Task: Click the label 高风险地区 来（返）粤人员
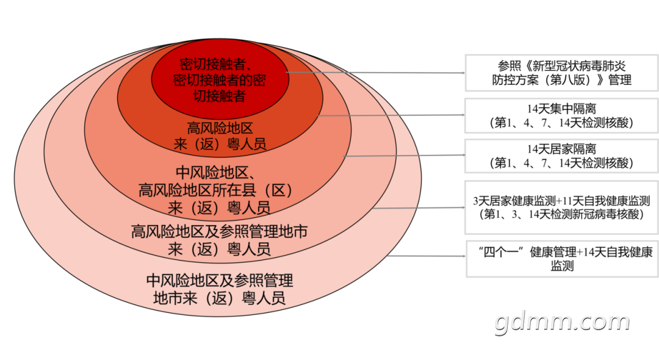tap(220, 135)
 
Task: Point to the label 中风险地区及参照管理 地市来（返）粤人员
tap(220, 289)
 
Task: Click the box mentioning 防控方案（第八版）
tap(561, 73)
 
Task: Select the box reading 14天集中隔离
tap(561, 115)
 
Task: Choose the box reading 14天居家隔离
tap(561, 156)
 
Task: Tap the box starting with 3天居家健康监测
tap(561, 207)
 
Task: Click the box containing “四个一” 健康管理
tap(563, 259)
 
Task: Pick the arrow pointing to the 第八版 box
tap(375, 73)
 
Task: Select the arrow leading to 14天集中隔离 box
tap(391, 115)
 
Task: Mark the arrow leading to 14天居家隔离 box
tap(405, 156)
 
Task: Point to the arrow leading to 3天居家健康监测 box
tap(419, 207)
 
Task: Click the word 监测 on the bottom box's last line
tap(563, 266)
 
